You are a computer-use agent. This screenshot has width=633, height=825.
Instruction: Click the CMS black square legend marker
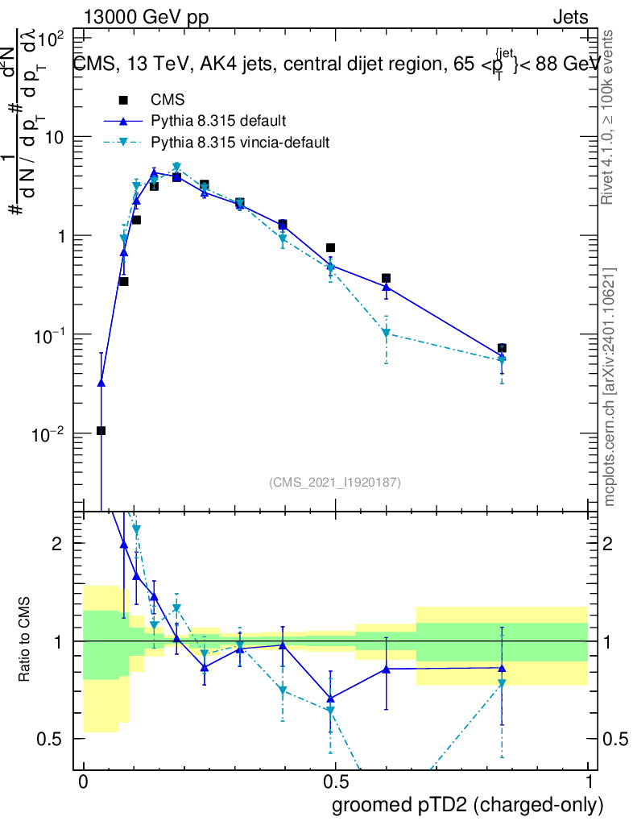pyautogui.click(x=123, y=100)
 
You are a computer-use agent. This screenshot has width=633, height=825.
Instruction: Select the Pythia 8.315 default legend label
pyautogui.click(x=218, y=122)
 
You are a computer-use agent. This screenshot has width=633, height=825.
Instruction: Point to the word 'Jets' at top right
pyautogui.click(x=569, y=18)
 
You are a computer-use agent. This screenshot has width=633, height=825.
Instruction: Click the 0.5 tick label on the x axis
pyautogui.click(x=336, y=782)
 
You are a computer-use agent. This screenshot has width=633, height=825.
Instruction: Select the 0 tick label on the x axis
pyautogui.click(x=83, y=782)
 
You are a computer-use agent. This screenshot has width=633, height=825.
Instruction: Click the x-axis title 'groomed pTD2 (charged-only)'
pyautogui.click(x=467, y=805)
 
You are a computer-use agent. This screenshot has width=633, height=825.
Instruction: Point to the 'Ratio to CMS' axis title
pyautogui.click(x=27, y=641)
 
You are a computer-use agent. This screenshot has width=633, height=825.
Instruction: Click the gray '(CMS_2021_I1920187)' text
pyautogui.click(x=335, y=482)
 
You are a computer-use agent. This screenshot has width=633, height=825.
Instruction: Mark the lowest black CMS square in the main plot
pyautogui.click(x=101, y=430)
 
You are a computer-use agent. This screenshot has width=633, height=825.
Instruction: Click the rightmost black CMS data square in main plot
pyautogui.click(x=502, y=348)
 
